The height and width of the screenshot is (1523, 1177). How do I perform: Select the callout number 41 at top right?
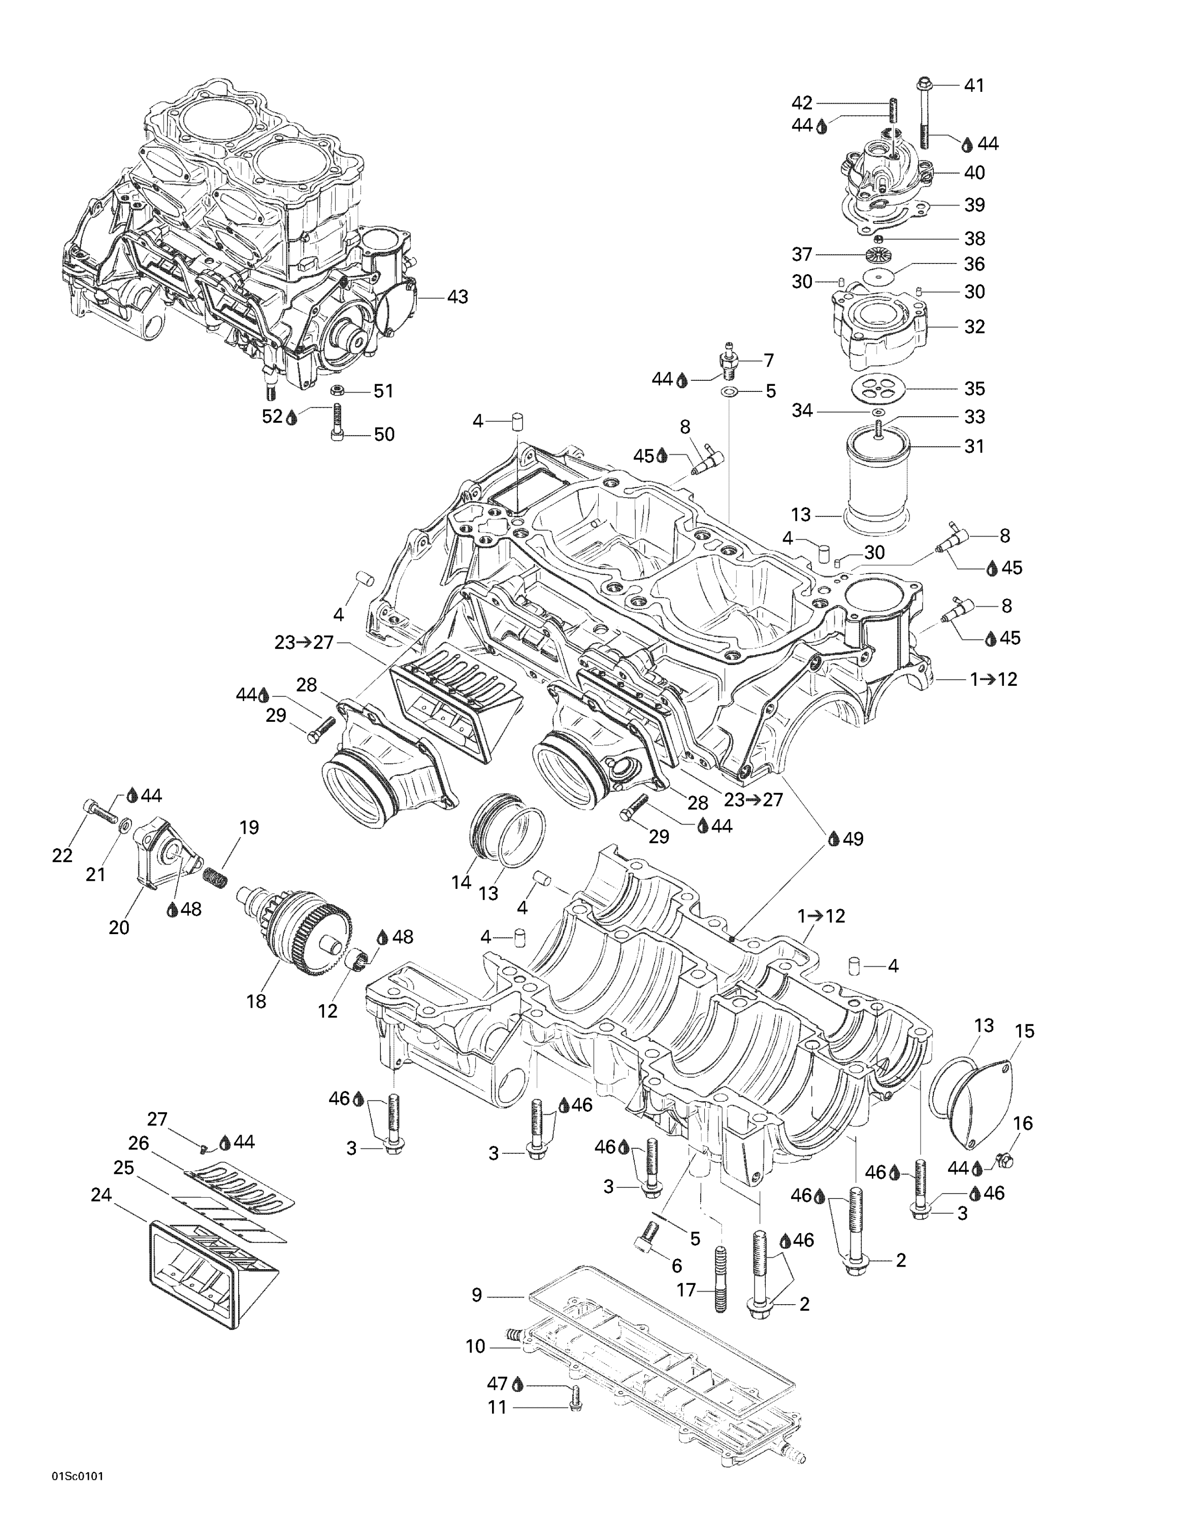click(x=974, y=85)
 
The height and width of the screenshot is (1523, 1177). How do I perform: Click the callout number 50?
click(x=383, y=435)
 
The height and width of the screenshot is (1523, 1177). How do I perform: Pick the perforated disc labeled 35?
click(x=877, y=389)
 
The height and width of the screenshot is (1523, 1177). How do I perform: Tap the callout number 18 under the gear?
click(x=256, y=1002)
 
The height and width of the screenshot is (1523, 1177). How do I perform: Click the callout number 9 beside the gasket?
click(x=476, y=1295)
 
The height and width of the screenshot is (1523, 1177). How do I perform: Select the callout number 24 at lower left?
click(x=101, y=1195)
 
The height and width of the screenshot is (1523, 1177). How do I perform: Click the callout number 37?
click(x=802, y=254)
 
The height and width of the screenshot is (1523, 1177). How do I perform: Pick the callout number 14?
click(x=461, y=882)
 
